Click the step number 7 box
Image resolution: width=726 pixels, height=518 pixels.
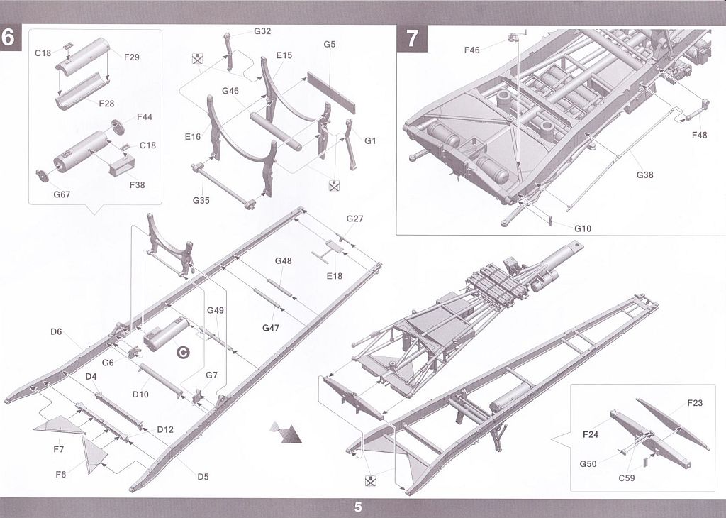click(412, 38)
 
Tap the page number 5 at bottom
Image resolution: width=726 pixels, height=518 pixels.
click(358, 507)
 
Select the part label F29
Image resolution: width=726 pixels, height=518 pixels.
click(131, 57)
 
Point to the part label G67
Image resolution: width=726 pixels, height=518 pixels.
click(62, 194)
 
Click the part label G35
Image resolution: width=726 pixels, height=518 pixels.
click(201, 200)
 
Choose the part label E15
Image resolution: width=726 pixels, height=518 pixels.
click(284, 55)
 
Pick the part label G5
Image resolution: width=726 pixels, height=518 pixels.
click(329, 44)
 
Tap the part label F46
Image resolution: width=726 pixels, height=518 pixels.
click(471, 50)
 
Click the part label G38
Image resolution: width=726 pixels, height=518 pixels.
click(644, 175)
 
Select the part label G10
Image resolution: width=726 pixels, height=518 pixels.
click(583, 228)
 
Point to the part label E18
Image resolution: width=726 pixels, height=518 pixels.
click(335, 276)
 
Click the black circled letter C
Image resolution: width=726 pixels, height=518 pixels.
click(184, 353)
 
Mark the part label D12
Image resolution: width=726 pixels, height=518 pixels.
click(165, 429)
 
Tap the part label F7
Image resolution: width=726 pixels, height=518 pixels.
click(58, 449)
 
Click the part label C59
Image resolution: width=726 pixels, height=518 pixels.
click(627, 478)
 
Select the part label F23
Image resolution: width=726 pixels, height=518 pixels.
click(695, 403)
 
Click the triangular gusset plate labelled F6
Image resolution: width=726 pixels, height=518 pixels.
click(94, 455)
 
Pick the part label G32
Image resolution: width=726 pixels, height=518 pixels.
click(262, 31)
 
